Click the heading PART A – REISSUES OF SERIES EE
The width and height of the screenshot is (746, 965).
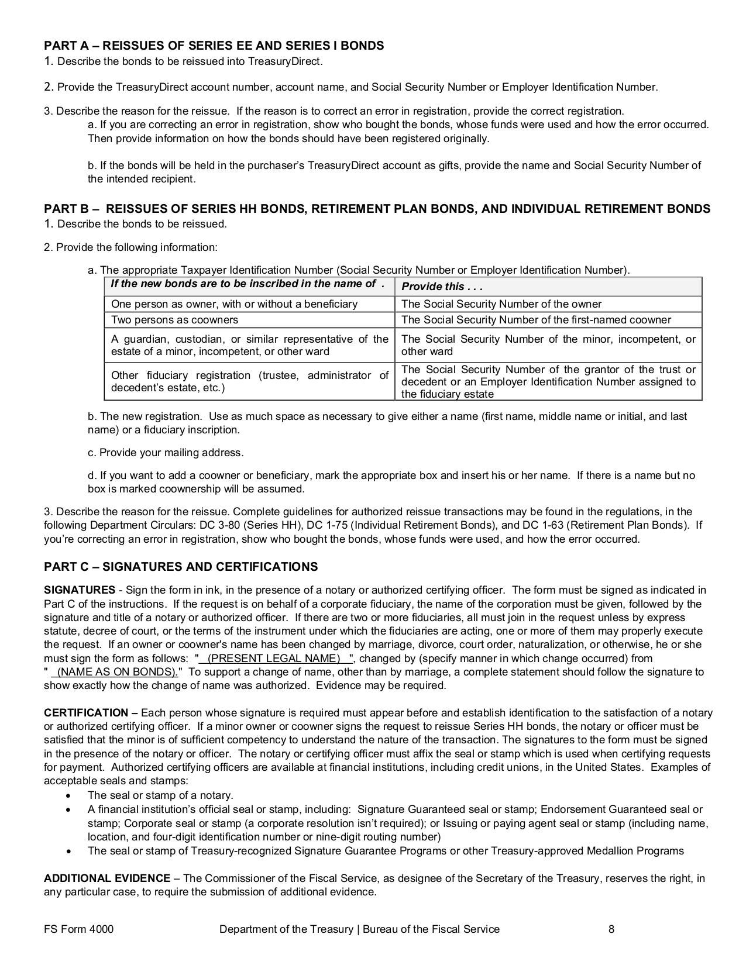click(214, 46)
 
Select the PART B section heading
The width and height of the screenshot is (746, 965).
click(377, 209)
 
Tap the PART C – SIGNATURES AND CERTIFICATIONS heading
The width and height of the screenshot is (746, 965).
click(181, 567)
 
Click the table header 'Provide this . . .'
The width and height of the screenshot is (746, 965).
click(442, 287)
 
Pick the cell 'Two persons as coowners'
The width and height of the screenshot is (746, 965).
click(174, 320)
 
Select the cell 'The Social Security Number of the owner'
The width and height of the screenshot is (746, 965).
click(501, 304)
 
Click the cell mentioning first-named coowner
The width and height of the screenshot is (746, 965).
click(536, 320)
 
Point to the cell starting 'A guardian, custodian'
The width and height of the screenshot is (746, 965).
click(249, 345)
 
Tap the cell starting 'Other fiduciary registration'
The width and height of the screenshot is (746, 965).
click(249, 381)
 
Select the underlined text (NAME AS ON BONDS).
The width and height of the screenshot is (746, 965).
click(116, 672)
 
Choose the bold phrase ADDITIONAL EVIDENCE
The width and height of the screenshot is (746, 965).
click(107, 878)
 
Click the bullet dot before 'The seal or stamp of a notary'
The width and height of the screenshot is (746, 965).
click(70, 796)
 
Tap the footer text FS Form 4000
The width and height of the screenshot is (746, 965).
click(78, 929)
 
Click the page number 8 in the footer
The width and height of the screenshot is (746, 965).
click(611, 929)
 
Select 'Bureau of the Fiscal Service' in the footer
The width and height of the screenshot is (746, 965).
click(431, 929)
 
